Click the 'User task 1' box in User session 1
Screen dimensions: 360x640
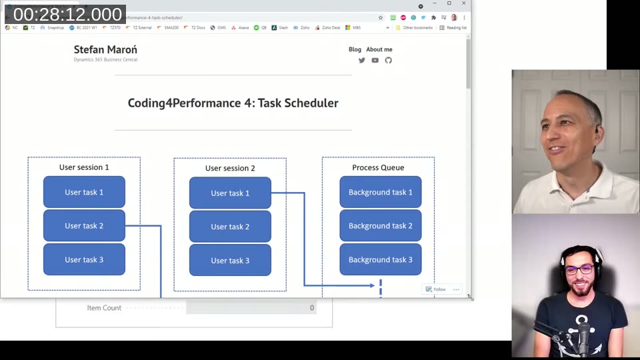click(84, 192)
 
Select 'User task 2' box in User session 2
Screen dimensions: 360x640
click(230, 227)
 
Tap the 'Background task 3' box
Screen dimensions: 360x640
click(380, 259)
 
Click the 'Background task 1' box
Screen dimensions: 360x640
click(380, 192)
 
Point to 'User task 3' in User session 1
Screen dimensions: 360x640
click(84, 259)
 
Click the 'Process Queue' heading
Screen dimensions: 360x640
click(378, 168)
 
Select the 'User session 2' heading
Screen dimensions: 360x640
click(230, 169)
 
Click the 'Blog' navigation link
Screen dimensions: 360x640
click(355, 49)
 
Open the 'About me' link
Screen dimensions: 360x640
click(379, 49)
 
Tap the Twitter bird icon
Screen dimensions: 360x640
click(362, 60)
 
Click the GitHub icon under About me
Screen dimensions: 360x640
click(389, 60)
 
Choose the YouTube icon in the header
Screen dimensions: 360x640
click(375, 60)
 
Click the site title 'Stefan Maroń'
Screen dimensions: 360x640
click(105, 49)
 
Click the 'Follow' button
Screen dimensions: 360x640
click(436, 289)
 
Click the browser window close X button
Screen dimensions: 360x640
click(464, 3)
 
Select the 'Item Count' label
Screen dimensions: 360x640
click(104, 308)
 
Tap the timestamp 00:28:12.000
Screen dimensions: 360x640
click(67, 15)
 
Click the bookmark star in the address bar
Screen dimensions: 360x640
click(381, 17)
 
